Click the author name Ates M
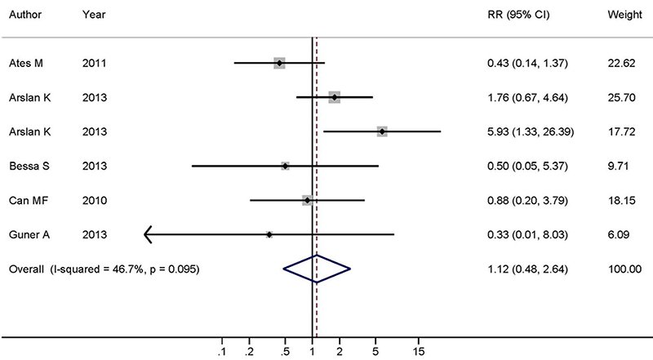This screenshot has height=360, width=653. [24, 63]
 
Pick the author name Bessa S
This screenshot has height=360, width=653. [27, 166]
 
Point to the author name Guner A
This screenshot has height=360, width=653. [28, 235]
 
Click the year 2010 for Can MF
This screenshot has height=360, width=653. [93, 200]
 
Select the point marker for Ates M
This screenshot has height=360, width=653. [279, 62]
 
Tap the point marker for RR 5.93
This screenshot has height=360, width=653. [382, 131]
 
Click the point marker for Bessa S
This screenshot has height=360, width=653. [285, 166]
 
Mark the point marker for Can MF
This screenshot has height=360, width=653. [306, 199]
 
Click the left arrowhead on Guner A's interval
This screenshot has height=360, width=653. [148, 235]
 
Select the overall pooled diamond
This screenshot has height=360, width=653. [316, 269]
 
